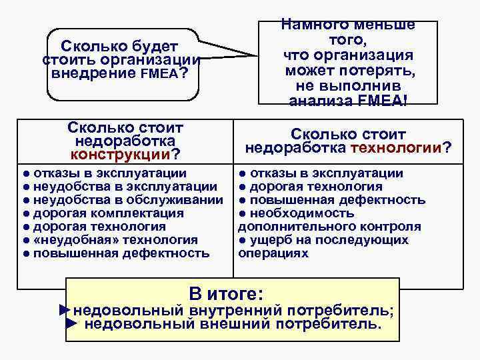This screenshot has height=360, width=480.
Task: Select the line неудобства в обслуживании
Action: click(x=127, y=200)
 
